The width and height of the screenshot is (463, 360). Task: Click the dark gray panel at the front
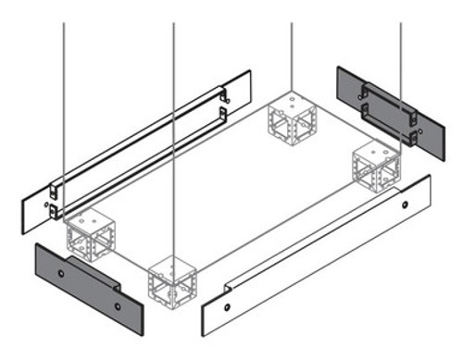pyautogui.click(x=88, y=287)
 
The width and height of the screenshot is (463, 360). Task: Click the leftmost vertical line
pyautogui.click(x=63, y=93)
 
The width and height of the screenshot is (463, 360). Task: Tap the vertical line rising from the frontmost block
pyautogui.click(x=174, y=139)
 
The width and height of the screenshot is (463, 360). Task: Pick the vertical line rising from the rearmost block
pyautogui.click(x=292, y=46)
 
